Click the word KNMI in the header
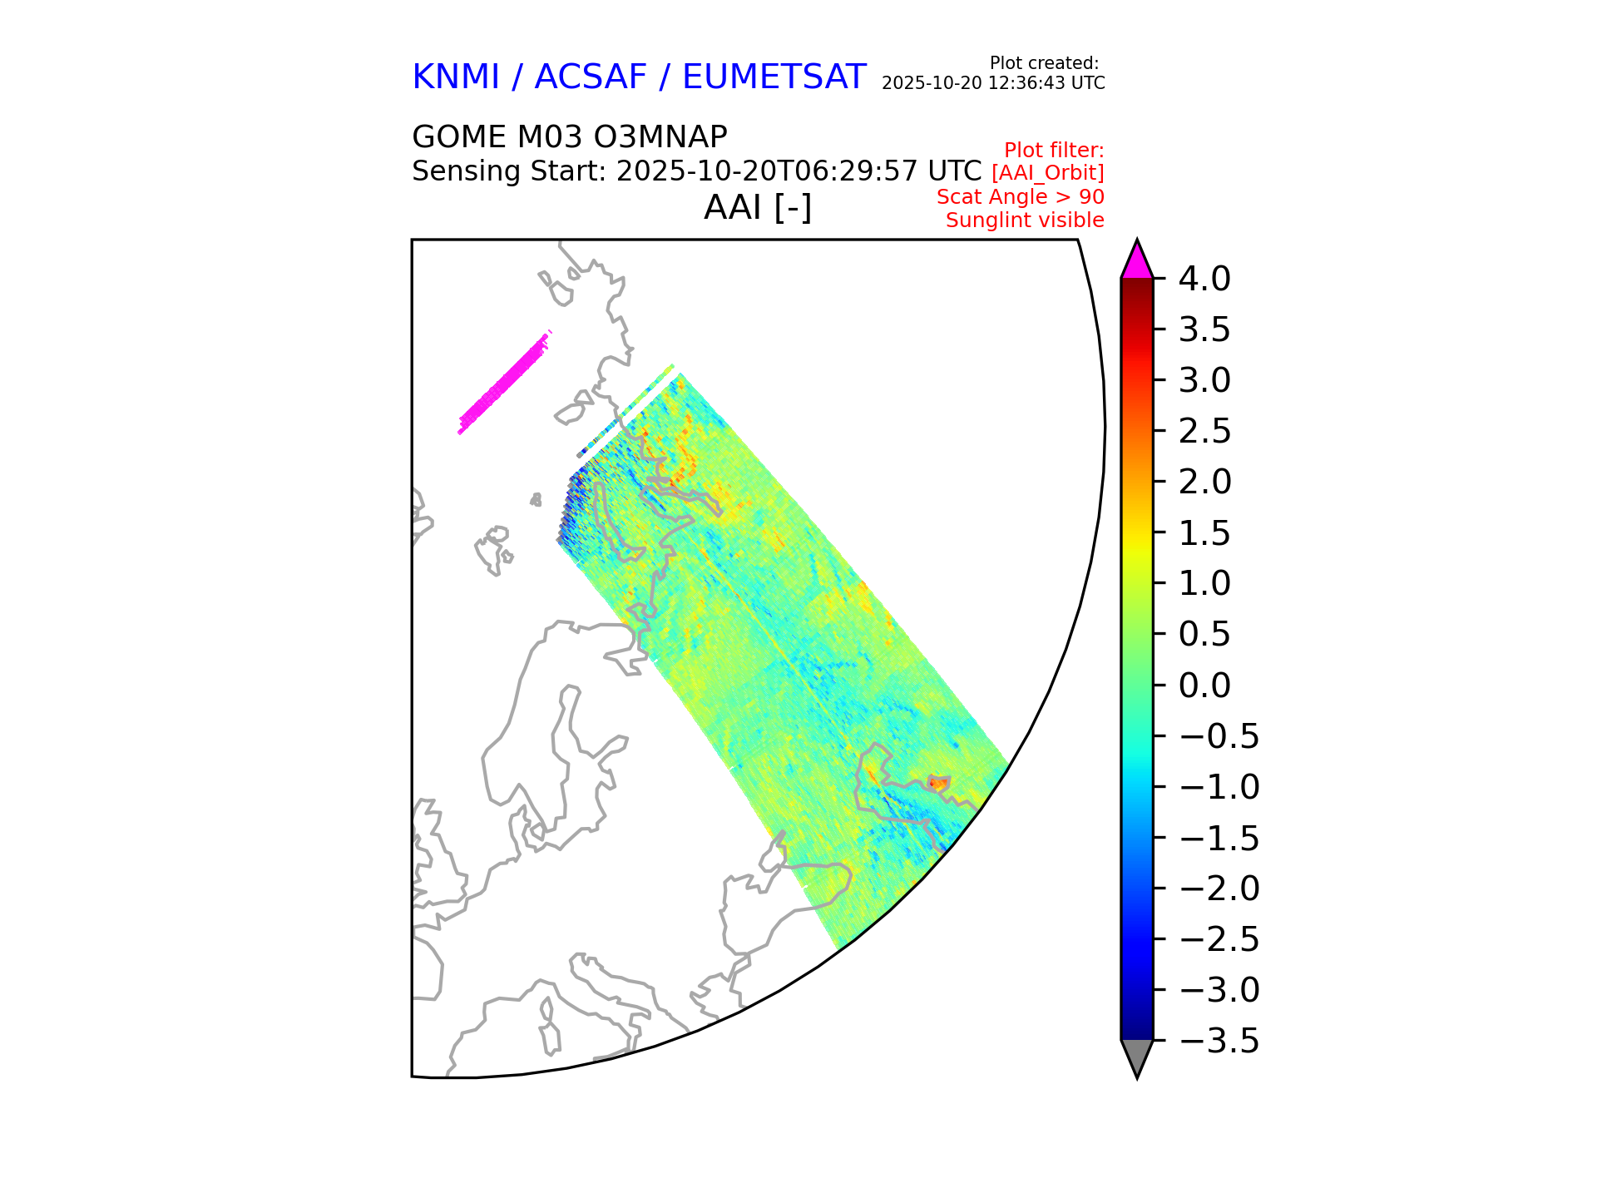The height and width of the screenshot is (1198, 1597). pyautogui.click(x=455, y=77)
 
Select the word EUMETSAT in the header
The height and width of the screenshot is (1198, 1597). pyautogui.click(x=774, y=77)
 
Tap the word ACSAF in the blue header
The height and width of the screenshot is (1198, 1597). pyautogui.click(x=590, y=77)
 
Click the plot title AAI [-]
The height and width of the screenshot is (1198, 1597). pyautogui.click(x=757, y=207)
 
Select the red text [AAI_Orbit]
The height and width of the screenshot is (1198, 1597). pyautogui.click(x=1047, y=173)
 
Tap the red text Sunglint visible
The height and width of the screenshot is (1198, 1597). pyautogui.click(x=1025, y=220)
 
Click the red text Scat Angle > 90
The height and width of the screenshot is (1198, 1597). pyautogui.click(x=1020, y=197)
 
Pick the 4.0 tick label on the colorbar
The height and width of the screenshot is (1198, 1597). pyautogui.click(x=1204, y=280)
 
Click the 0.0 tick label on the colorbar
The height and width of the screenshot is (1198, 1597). pyautogui.click(x=1204, y=686)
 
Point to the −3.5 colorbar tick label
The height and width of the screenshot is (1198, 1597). pyautogui.click(x=1219, y=1042)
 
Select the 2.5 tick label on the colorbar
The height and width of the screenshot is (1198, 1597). pyautogui.click(x=1204, y=432)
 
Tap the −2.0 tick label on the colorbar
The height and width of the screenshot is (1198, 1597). pyautogui.click(x=1219, y=889)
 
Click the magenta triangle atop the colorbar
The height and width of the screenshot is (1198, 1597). pyautogui.click(x=1136, y=261)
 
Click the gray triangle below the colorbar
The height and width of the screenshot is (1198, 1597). pyautogui.click(x=1136, y=1057)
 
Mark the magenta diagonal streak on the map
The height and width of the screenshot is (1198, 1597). pyautogui.click(x=504, y=383)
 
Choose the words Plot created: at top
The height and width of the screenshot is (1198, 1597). pyautogui.click(x=1044, y=63)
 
